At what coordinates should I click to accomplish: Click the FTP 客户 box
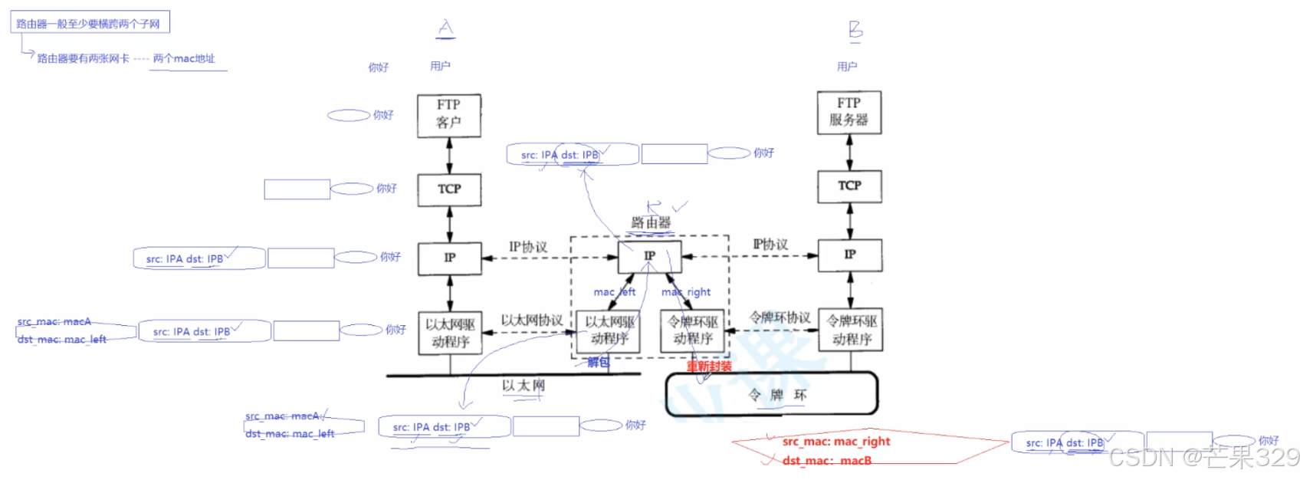[449, 115]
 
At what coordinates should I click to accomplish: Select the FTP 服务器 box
[849, 112]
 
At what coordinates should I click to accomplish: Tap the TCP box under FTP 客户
[449, 189]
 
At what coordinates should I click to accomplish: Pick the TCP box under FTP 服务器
[849, 186]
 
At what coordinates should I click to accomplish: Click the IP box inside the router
[650, 255]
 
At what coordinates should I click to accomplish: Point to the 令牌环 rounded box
[771, 395]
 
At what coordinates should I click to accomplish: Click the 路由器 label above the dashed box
[651, 222]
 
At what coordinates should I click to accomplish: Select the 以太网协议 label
[532, 320]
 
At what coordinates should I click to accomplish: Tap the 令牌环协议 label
[780, 317]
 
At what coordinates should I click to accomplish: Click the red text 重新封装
[709, 367]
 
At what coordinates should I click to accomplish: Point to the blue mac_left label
[614, 292]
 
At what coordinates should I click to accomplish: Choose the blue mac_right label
[686, 292]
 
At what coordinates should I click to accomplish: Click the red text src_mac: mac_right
[836, 442]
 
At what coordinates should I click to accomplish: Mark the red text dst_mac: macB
[827, 461]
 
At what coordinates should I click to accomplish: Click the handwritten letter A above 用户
[445, 28]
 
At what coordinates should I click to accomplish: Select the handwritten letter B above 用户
[855, 29]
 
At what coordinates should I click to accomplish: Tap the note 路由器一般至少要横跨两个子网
[89, 24]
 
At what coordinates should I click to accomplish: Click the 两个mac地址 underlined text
[184, 59]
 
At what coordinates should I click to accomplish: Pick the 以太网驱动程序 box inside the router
[610, 330]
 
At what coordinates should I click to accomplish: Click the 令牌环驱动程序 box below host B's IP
[851, 330]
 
